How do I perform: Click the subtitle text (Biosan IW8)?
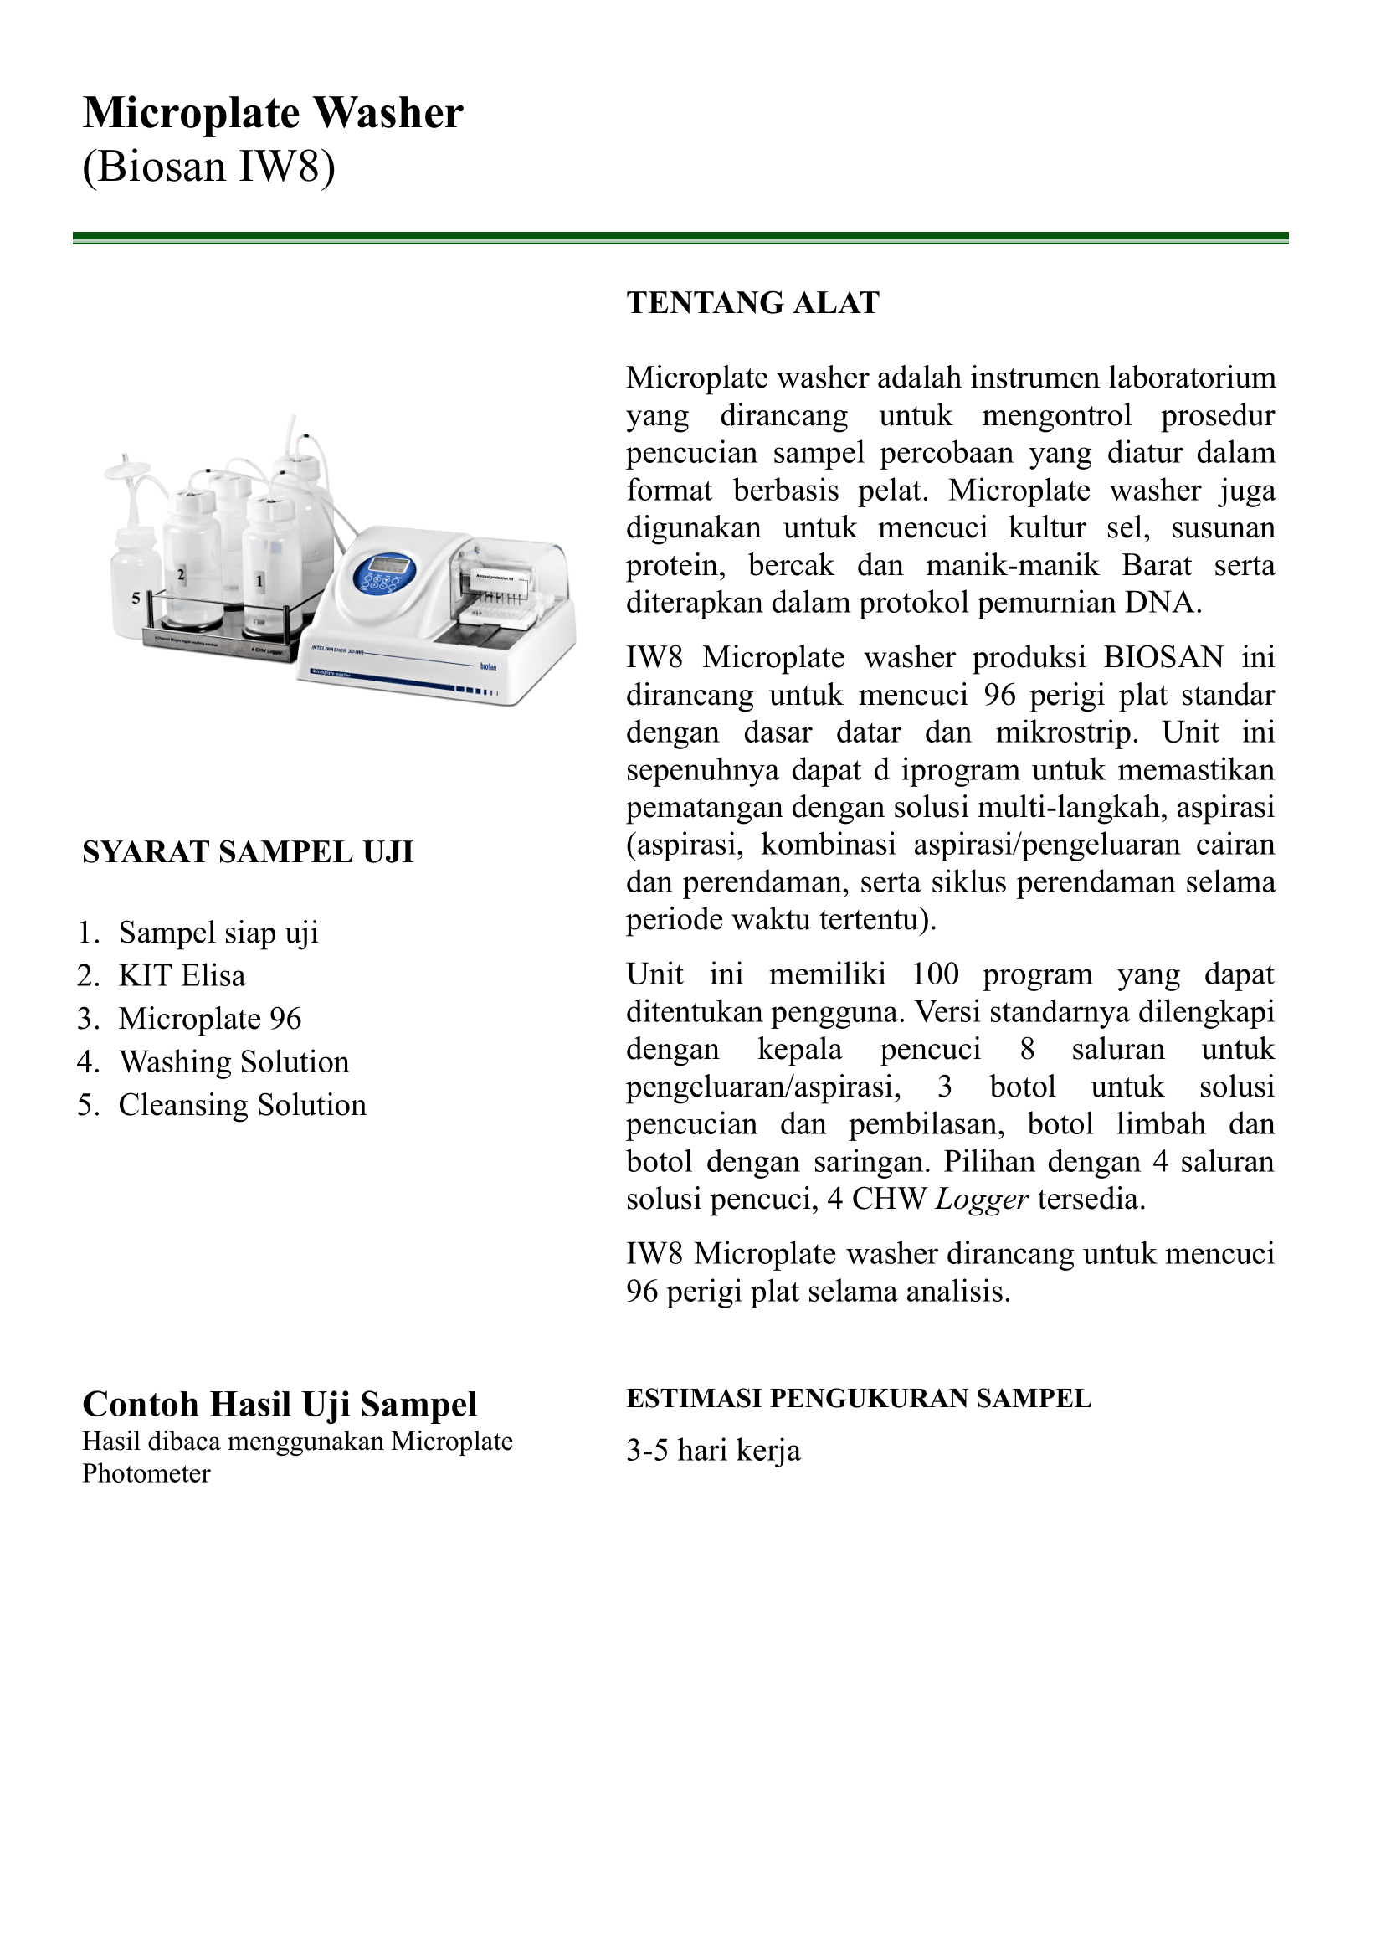pos(208,166)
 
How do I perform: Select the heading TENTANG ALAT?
pos(752,303)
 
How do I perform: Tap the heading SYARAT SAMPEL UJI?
pos(248,852)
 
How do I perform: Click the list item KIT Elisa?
pos(182,975)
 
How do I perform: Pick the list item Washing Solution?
pos(234,1061)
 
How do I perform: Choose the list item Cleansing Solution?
pos(243,1105)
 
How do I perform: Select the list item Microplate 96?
pos(210,1019)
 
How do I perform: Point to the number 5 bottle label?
pos(136,599)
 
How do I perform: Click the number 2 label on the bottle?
pos(181,574)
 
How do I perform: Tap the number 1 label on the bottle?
pos(259,582)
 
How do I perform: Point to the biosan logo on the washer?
pos(487,666)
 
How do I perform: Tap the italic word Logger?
pos(982,1200)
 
